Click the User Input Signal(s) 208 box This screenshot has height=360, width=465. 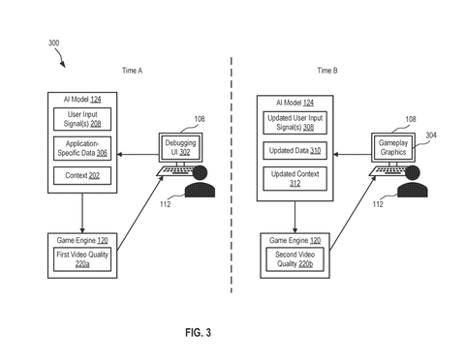(82, 119)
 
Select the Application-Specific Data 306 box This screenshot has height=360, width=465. (82, 148)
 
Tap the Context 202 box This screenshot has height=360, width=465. (82, 175)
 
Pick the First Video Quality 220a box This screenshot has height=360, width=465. (82, 259)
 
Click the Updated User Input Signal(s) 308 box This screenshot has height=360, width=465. (295, 123)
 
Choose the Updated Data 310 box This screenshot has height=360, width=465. (295, 151)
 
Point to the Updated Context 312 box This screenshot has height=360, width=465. (295, 179)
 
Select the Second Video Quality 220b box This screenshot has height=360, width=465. (295, 259)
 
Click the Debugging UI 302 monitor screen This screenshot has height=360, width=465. (180, 147)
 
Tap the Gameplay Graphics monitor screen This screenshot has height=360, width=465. (393, 147)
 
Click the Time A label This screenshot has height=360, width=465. (132, 71)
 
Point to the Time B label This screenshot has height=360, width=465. (327, 71)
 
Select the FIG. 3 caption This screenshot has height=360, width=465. (199, 332)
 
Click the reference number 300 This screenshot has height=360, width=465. (53, 43)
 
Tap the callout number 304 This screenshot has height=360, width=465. (431, 135)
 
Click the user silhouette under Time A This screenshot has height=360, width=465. (200, 181)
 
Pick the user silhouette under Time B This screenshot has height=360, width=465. (413, 181)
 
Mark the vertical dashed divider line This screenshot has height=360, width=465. (232, 175)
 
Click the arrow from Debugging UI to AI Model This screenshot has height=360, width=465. (138, 155)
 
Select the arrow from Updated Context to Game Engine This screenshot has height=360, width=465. (294, 217)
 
